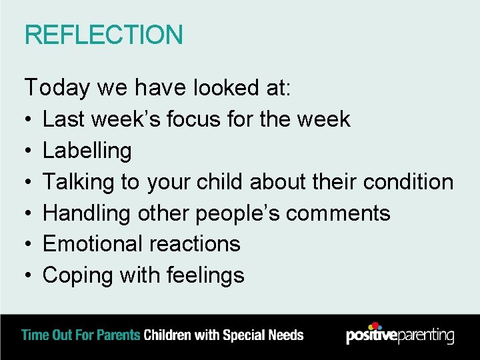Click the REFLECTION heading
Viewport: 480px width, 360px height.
pyautogui.click(x=103, y=35)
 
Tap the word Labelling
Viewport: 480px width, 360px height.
pyautogui.click(x=87, y=151)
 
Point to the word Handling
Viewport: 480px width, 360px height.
pyautogui.click(x=87, y=213)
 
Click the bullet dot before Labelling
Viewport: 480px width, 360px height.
pyautogui.click(x=29, y=151)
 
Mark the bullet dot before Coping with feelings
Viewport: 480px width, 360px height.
pyautogui.click(x=29, y=276)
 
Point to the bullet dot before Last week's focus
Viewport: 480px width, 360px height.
pyautogui.click(x=29, y=120)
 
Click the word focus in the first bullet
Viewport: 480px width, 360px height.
pyautogui.click(x=197, y=119)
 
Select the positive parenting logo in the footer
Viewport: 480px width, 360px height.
pyautogui.click(x=400, y=334)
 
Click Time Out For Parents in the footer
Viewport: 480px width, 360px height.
pyautogui.click(x=81, y=335)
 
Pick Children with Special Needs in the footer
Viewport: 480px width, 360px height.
pyautogui.click(x=223, y=335)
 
